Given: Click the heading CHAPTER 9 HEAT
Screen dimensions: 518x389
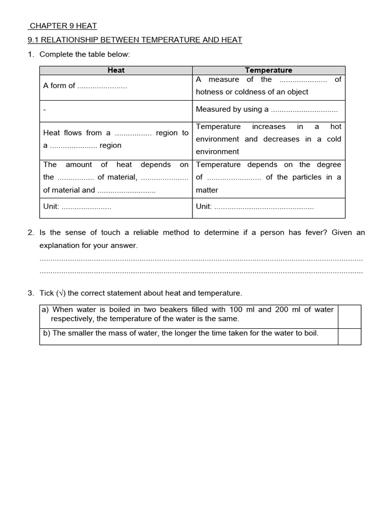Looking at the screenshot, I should [x=63, y=26].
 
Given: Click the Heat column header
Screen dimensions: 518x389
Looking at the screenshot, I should [x=116, y=70].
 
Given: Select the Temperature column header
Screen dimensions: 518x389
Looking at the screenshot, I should [x=268, y=70].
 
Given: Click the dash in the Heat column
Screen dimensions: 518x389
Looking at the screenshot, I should [x=45, y=110].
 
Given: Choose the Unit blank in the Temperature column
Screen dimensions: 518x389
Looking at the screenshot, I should [x=264, y=207].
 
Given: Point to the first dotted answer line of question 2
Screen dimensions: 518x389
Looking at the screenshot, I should [x=201, y=259].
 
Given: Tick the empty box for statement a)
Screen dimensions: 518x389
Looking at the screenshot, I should [x=349, y=316].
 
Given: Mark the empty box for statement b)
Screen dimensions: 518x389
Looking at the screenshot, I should [x=349, y=336].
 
